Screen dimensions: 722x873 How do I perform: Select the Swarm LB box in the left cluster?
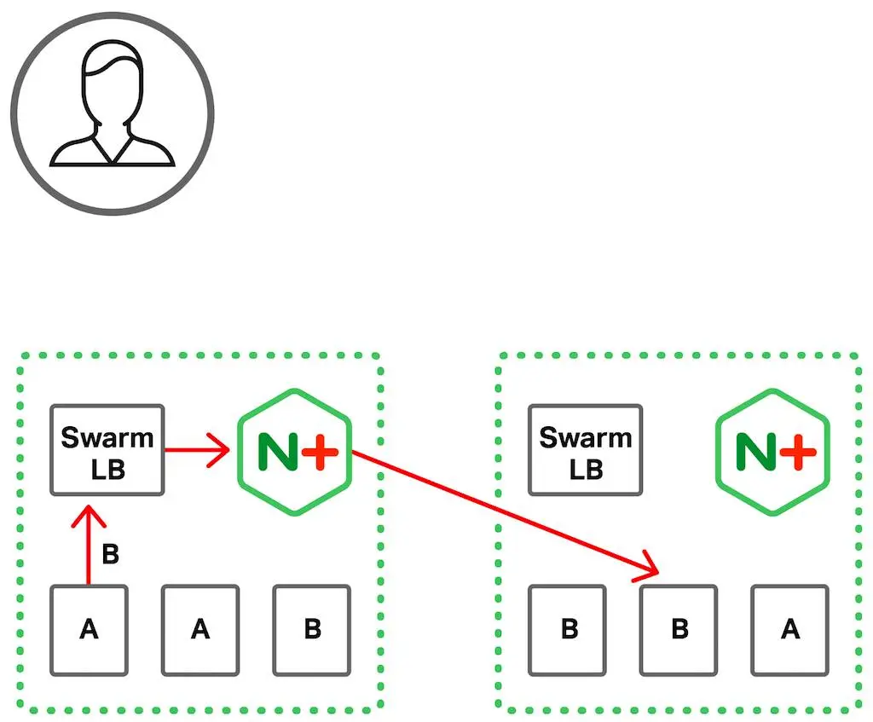[x=107, y=450]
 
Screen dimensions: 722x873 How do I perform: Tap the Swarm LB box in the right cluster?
[x=585, y=450]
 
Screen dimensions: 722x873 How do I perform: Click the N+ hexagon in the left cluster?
[x=294, y=452]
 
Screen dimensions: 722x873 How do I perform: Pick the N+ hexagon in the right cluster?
[x=772, y=452]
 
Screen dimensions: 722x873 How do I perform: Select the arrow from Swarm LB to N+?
[x=196, y=450]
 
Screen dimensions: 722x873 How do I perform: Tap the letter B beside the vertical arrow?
[x=110, y=555]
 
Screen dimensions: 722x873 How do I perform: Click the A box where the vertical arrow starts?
[x=89, y=630]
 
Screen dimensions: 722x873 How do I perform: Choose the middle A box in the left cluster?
[x=200, y=630]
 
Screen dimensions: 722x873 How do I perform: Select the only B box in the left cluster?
[x=312, y=630]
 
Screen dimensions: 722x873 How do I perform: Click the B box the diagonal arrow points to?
[x=679, y=630]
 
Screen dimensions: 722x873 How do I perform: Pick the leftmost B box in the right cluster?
[x=569, y=630]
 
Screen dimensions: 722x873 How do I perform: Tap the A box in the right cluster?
[x=790, y=630]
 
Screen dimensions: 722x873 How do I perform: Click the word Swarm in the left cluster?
[x=107, y=437]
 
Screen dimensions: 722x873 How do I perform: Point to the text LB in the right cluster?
[x=586, y=469]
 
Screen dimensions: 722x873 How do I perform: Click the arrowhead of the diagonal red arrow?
[x=651, y=569]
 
